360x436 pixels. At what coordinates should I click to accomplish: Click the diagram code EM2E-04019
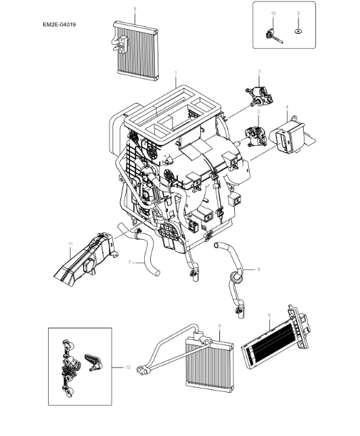[x=59, y=25]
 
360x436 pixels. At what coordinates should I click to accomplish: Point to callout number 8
[x=134, y=8]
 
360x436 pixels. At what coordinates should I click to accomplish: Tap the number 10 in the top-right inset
[x=273, y=14]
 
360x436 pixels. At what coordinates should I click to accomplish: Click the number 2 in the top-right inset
[x=298, y=14]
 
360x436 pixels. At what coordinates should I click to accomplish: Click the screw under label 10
[x=272, y=36]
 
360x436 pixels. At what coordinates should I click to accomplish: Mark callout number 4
[x=287, y=107]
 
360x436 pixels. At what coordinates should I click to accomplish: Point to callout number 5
[x=258, y=268]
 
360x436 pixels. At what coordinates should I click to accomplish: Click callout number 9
[x=219, y=327]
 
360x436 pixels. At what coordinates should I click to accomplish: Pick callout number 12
[x=127, y=368]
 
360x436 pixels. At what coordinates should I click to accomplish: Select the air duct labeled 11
[x=83, y=261]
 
